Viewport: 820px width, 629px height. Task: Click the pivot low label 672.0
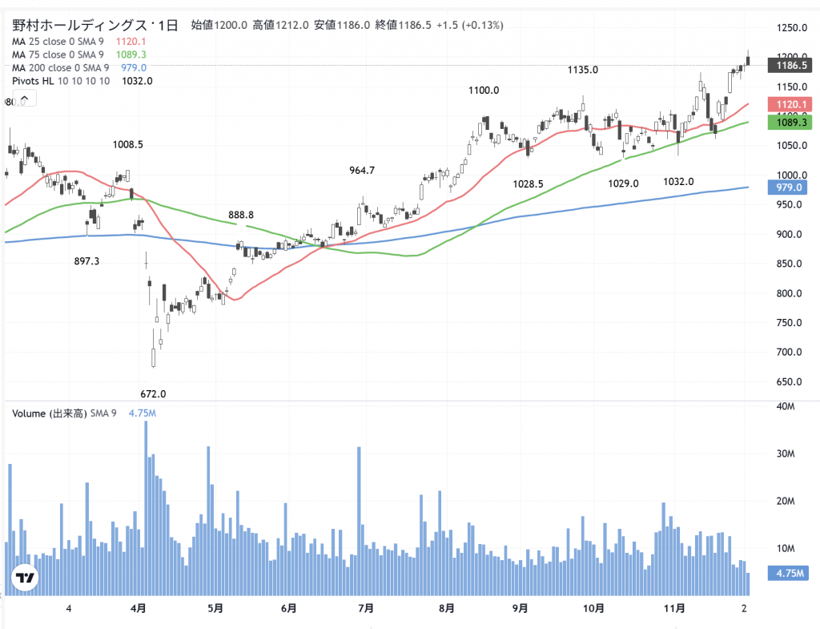tap(153, 393)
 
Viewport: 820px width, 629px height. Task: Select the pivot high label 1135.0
tap(582, 70)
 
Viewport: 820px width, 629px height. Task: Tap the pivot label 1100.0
tap(484, 91)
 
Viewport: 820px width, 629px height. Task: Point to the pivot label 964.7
tap(362, 170)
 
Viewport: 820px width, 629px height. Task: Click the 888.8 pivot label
tap(240, 215)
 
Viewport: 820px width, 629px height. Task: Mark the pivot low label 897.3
tap(87, 261)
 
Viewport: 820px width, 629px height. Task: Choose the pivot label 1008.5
tap(128, 145)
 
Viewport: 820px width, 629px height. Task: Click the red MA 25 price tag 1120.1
tap(789, 104)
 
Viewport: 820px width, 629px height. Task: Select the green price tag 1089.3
tap(789, 122)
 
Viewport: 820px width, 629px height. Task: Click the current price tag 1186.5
tap(789, 65)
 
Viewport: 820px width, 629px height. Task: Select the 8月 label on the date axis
tap(448, 609)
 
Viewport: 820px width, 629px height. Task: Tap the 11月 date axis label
tap(675, 609)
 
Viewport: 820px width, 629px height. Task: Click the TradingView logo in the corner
tap(26, 579)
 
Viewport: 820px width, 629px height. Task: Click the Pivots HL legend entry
tap(61, 81)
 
